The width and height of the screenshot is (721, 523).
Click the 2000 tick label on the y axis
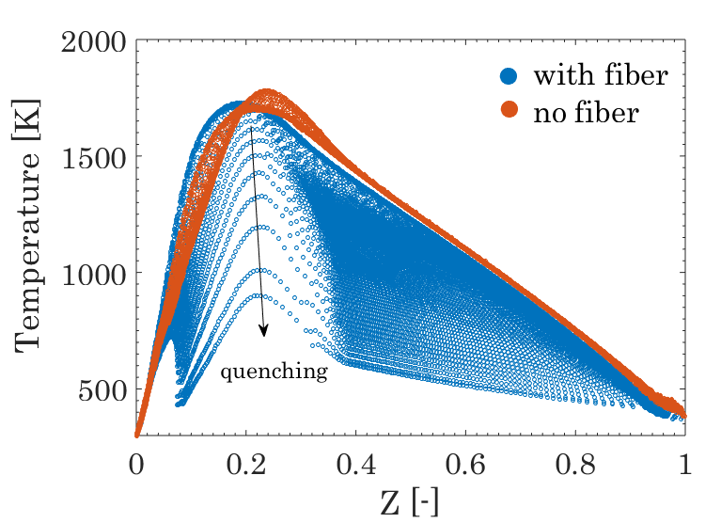coord(93,42)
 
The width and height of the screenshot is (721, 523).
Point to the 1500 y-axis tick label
coord(93,159)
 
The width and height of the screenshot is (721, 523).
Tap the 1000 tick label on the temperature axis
coord(93,275)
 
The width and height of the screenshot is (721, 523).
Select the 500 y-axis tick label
coord(102,391)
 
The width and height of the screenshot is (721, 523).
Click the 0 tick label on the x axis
coord(136,465)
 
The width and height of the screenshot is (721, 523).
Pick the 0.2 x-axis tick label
coord(246,465)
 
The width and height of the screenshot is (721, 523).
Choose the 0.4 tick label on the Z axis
coord(356,465)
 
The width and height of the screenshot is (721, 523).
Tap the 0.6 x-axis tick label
coord(466,465)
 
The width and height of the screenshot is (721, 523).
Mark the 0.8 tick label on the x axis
coord(575,465)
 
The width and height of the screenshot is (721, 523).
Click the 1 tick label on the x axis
coord(684,465)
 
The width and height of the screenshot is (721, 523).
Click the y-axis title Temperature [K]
coord(28,226)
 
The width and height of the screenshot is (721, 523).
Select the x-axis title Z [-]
coord(410,502)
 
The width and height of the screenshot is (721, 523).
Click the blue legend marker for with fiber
coord(509,75)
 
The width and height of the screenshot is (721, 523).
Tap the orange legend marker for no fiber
coord(509,109)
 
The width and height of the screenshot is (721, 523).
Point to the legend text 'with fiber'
coord(601,74)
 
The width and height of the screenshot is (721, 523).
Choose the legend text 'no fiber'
coord(587,112)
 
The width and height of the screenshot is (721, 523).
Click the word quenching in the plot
coord(274,372)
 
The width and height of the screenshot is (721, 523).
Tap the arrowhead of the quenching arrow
coord(263,332)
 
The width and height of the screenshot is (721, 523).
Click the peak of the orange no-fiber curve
coord(266,91)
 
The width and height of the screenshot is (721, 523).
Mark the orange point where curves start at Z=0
coord(136,435)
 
